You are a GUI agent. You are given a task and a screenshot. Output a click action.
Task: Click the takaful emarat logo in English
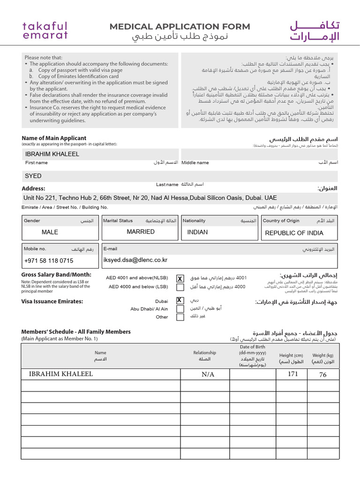click(x=45, y=30)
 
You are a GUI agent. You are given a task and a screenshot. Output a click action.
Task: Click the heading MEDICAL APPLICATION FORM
click(x=180, y=27)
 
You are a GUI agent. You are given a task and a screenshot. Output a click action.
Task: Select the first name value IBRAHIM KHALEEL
click(x=52, y=154)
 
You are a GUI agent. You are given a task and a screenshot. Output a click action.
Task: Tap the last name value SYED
click(x=33, y=176)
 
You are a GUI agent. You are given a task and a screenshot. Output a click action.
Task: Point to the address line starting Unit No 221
click(x=150, y=198)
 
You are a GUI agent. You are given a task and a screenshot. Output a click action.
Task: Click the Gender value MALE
click(x=50, y=232)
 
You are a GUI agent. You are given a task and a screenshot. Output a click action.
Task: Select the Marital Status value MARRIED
click(x=141, y=232)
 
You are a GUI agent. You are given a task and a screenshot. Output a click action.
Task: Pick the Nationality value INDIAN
click(x=197, y=232)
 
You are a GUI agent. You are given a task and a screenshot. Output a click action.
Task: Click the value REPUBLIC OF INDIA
click(x=294, y=233)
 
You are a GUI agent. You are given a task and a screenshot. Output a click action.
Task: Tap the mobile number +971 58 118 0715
click(x=49, y=261)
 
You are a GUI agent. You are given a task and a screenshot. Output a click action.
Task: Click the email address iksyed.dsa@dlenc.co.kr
click(x=135, y=260)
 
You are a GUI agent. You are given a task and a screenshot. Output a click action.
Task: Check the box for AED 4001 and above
click(x=180, y=278)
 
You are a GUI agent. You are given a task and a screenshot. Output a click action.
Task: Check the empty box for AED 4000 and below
click(x=180, y=287)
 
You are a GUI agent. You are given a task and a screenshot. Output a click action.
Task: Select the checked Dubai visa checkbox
click(x=180, y=300)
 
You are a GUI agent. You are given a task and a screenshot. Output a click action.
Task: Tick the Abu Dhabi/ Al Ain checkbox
click(x=180, y=309)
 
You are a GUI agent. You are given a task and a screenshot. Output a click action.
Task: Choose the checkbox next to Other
click(x=180, y=317)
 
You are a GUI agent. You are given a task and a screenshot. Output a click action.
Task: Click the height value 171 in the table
click(x=293, y=374)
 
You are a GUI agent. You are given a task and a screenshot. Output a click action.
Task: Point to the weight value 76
click(x=323, y=375)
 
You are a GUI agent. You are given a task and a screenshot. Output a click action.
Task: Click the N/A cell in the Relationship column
click(x=208, y=375)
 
